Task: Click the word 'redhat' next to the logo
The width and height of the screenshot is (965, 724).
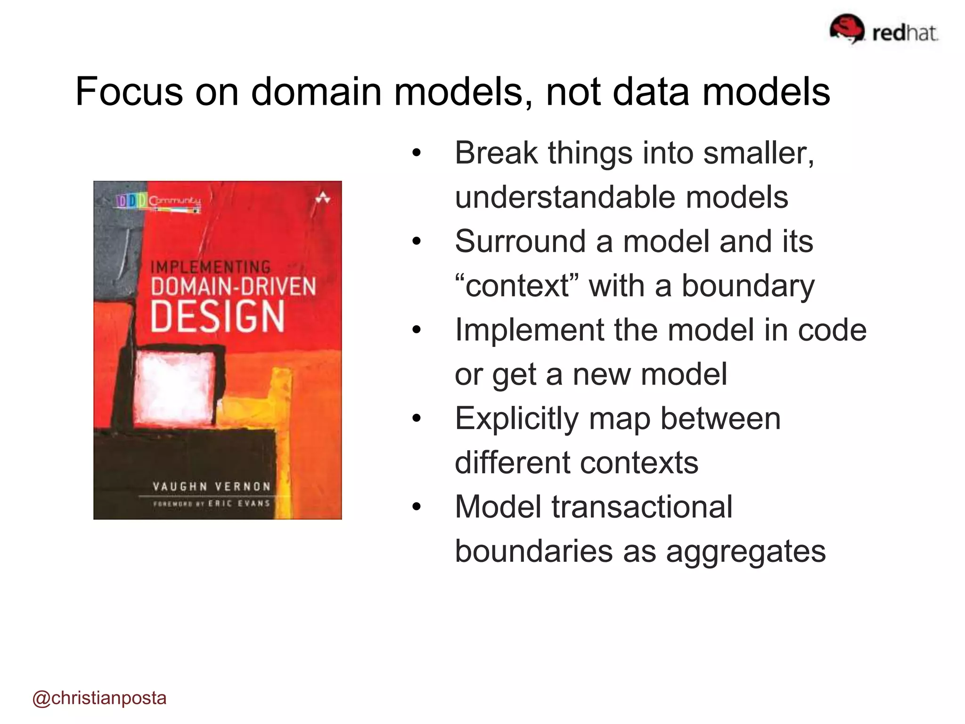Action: tap(905, 33)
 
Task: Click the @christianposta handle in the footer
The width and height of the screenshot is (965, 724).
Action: tap(99, 698)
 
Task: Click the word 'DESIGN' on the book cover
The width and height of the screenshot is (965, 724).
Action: tap(218, 316)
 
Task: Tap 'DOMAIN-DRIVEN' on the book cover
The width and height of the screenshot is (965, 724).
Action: tap(233, 287)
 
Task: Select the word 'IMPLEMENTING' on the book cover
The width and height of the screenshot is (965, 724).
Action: tap(211, 267)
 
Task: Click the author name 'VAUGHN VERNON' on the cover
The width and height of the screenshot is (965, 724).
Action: tap(212, 486)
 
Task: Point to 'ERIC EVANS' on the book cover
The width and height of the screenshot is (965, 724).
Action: tap(239, 503)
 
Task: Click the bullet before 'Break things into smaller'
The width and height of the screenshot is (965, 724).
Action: tap(416, 153)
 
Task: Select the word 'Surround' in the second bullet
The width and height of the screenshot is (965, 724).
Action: tap(520, 241)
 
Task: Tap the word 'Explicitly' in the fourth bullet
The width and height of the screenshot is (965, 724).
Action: tap(516, 418)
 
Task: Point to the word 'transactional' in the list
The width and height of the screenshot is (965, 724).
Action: tap(642, 507)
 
